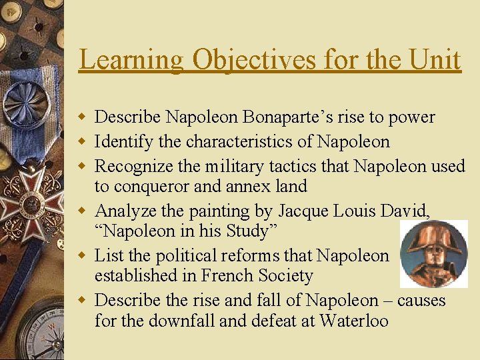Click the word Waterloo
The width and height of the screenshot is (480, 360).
(x=353, y=321)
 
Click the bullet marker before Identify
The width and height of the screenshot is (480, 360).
(x=82, y=142)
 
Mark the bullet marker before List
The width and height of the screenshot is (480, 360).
(x=82, y=255)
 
